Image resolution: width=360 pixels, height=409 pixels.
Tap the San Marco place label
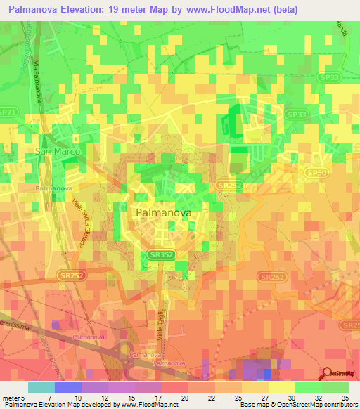tap(58, 151)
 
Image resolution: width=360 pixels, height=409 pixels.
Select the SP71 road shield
tap(7, 112)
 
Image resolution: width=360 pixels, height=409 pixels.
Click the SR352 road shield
tap(161, 256)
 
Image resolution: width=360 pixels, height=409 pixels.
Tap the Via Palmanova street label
tap(37, 79)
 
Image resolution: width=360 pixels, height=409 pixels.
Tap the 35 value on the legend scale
tap(344, 397)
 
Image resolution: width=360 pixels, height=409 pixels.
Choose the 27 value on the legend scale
tap(264, 397)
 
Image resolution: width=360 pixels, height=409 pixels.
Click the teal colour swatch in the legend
tap(41, 387)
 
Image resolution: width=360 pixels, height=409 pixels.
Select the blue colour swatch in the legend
tap(67, 387)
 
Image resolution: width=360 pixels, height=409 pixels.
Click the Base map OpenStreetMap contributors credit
tap(299, 405)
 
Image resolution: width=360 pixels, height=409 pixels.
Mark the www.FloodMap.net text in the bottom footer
tap(148, 405)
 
